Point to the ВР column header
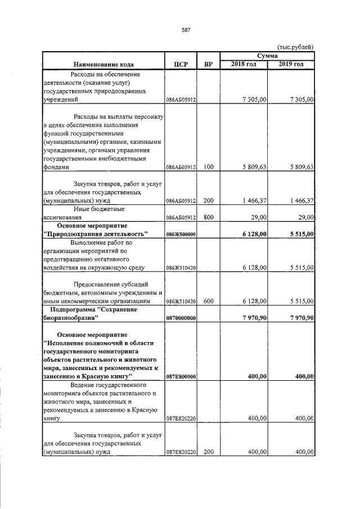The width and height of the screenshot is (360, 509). point(208,64)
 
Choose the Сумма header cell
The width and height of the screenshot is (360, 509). point(267,56)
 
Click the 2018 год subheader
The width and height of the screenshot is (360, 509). point(244,64)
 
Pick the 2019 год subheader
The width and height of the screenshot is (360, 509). point(291,64)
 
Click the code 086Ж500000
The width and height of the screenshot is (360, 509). point(181,234)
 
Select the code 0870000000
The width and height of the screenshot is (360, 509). point(181,318)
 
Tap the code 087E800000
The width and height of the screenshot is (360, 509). point(181,376)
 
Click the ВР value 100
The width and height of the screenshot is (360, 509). point(208,167)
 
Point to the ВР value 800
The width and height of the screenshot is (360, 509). point(208,216)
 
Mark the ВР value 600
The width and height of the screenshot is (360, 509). point(208,301)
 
